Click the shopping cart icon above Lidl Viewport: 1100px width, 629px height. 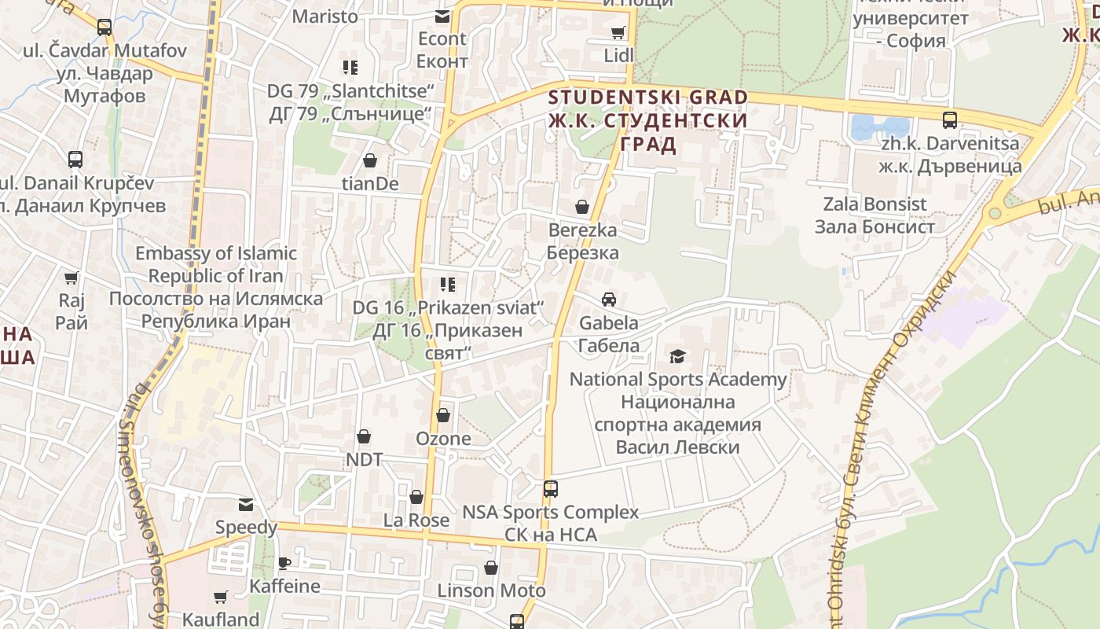coord(618,32)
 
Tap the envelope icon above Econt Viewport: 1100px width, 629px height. coord(442,16)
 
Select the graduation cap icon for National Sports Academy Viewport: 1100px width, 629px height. coord(677,356)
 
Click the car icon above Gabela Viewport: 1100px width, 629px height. coord(608,300)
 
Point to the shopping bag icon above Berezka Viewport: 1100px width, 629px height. coord(582,207)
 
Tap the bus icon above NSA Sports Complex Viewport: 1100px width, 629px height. coord(551,488)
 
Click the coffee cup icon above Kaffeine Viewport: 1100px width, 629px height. coord(284,563)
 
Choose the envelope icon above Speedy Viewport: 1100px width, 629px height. coord(247,504)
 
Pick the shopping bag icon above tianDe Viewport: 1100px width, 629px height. coord(370,161)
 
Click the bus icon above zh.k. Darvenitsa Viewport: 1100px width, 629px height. coord(950,120)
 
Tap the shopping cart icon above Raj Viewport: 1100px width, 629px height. coord(71,278)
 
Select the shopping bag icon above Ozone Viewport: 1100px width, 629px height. coord(443,415)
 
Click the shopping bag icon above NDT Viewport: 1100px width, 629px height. coord(364,436)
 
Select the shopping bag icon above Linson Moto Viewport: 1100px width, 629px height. coord(491,567)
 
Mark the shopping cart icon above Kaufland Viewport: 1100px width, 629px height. coord(221,598)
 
